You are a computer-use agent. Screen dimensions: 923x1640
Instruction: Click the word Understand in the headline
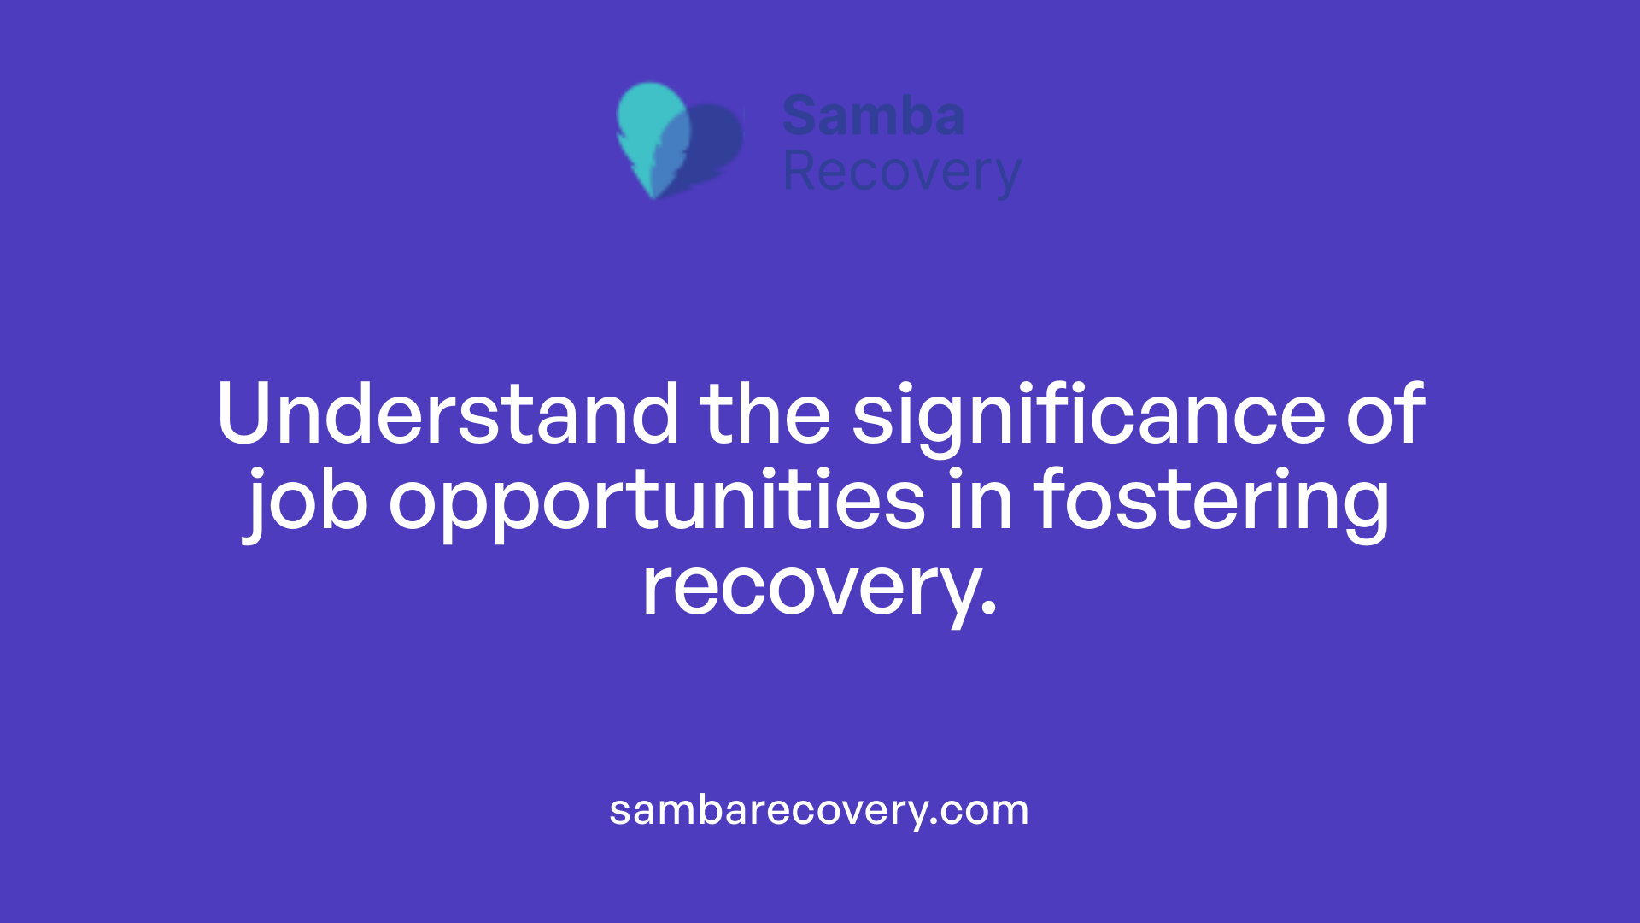coord(448,414)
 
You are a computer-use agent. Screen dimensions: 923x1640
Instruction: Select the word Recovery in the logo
coord(901,172)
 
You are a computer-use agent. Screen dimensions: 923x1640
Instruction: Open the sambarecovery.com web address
coord(819,810)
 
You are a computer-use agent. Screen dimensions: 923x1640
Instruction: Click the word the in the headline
coord(765,414)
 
